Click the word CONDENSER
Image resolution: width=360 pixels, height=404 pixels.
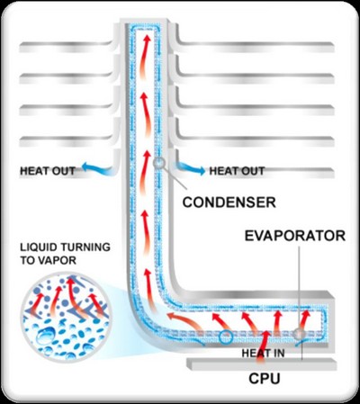(x=229, y=202)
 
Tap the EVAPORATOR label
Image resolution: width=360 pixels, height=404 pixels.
(x=295, y=236)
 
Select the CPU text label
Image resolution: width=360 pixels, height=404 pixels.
(x=265, y=379)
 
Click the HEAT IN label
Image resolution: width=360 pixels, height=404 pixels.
(x=263, y=353)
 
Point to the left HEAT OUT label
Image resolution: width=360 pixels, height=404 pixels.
(x=48, y=171)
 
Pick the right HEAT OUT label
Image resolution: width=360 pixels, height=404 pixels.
(x=237, y=171)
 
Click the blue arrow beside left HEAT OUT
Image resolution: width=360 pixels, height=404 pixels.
(x=96, y=168)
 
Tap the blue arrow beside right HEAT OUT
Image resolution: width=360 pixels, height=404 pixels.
(x=191, y=168)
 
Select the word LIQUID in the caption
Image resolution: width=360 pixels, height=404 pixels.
(x=39, y=247)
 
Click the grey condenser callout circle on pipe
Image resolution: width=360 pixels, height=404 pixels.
(x=159, y=163)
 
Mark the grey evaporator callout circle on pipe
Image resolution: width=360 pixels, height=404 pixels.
(x=299, y=334)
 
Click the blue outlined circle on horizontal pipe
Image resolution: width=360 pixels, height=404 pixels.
(x=226, y=337)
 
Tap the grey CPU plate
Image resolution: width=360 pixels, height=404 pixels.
(x=262, y=364)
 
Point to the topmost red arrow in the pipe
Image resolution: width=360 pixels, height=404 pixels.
(x=144, y=56)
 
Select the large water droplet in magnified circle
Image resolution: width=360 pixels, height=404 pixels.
(x=46, y=336)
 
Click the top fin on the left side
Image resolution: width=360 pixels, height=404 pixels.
(x=67, y=47)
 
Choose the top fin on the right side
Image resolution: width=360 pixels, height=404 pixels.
(x=255, y=47)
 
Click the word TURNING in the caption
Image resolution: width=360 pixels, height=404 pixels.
(x=85, y=247)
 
